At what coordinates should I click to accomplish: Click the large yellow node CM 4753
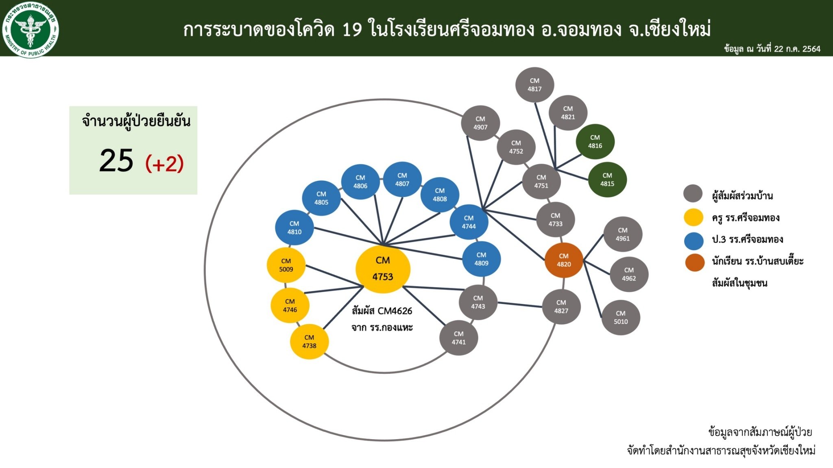(x=383, y=269)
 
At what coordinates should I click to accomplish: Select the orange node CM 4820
(x=564, y=260)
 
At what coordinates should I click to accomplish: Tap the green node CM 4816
(x=595, y=142)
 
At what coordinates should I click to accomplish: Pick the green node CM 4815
(x=607, y=180)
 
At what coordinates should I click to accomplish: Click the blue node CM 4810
(x=294, y=227)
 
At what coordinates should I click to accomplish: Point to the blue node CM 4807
(x=402, y=180)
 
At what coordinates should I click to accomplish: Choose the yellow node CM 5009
(x=286, y=265)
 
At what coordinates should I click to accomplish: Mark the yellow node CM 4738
(x=309, y=342)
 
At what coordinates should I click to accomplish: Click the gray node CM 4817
(x=534, y=85)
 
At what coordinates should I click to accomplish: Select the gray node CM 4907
(x=480, y=123)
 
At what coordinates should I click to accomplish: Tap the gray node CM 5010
(x=621, y=317)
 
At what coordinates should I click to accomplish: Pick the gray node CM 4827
(x=561, y=307)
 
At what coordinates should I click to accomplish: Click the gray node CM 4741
(x=458, y=338)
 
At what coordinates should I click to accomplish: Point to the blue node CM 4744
(x=469, y=222)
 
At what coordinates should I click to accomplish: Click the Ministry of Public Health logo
(x=31, y=29)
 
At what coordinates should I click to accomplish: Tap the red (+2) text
(x=165, y=163)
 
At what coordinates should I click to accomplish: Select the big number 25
(x=116, y=161)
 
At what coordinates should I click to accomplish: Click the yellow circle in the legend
(x=693, y=217)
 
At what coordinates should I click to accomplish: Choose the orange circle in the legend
(x=695, y=262)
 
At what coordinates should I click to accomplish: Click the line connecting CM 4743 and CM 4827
(x=520, y=305)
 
